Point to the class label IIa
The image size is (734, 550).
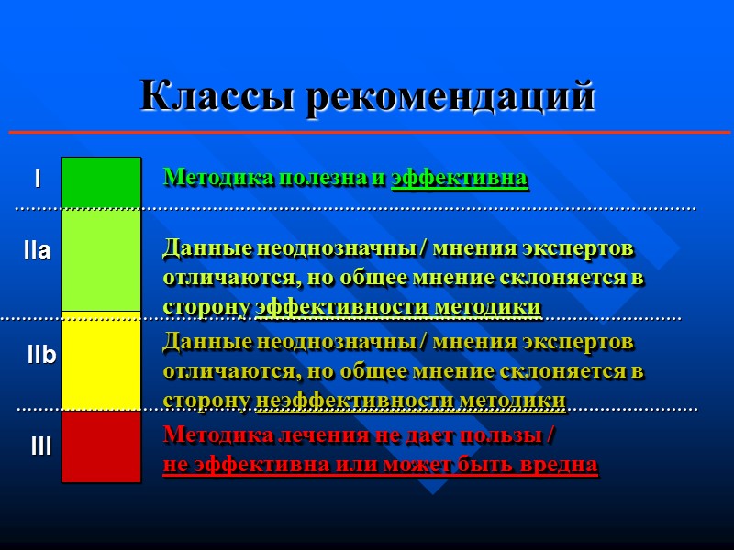pyautogui.click(x=37, y=250)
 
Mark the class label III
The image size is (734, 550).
pyautogui.click(x=40, y=447)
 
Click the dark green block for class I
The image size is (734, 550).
pyautogui.click(x=101, y=183)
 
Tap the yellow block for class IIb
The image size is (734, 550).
pyautogui.click(x=101, y=361)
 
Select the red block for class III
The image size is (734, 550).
pyautogui.click(x=101, y=446)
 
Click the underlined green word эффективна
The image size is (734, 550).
pyautogui.click(x=460, y=178)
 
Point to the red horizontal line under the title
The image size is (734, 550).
pyautogui.click(x=367, y=133)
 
